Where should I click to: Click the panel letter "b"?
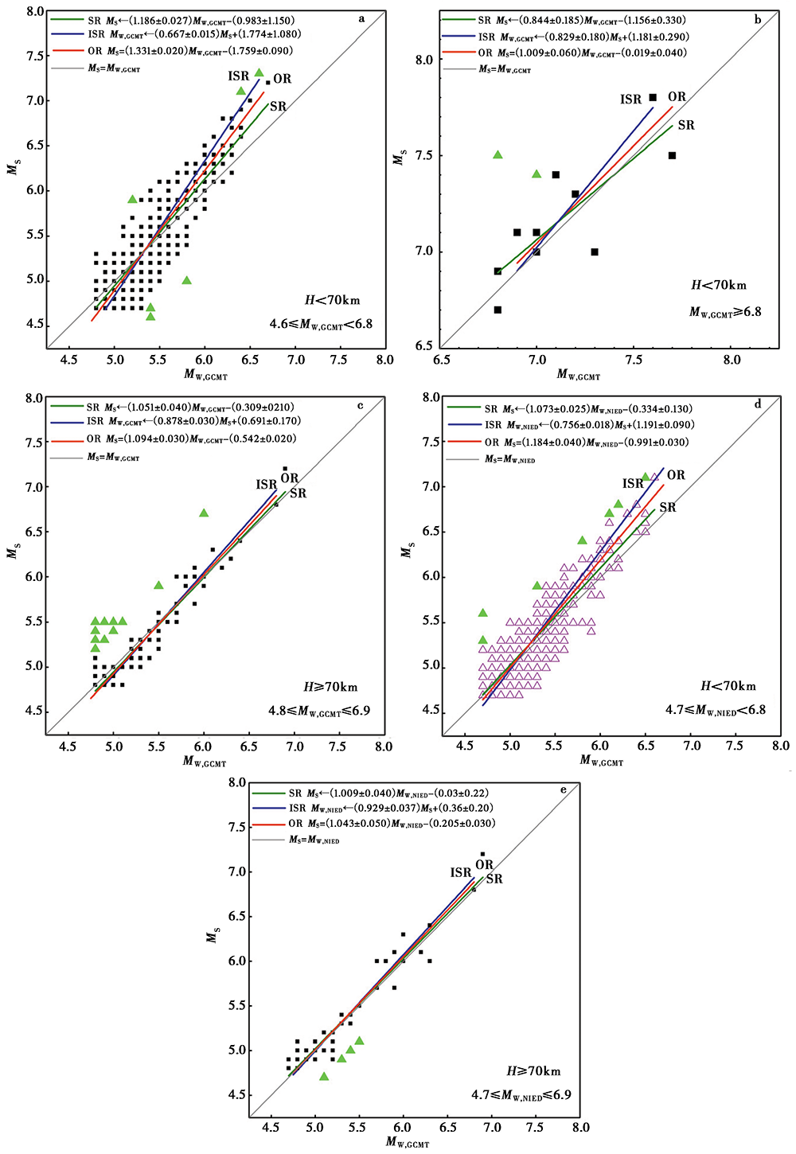758,19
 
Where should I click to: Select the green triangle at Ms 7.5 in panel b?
497,154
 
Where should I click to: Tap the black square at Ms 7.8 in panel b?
653,97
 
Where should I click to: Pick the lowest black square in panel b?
497,310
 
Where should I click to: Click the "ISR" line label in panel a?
239,76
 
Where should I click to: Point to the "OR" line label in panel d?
676,475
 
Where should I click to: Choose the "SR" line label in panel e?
494,879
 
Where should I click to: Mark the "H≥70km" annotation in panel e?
534,1071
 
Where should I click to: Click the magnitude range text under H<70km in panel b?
725,312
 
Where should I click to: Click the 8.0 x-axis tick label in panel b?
731,360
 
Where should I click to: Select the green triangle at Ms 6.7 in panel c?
204,513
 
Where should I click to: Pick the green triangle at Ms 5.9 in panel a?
132,199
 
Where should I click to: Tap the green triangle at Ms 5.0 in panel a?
186,280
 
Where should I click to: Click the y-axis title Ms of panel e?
213,936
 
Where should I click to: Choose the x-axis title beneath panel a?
206,375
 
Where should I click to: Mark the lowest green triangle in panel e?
324,1076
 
